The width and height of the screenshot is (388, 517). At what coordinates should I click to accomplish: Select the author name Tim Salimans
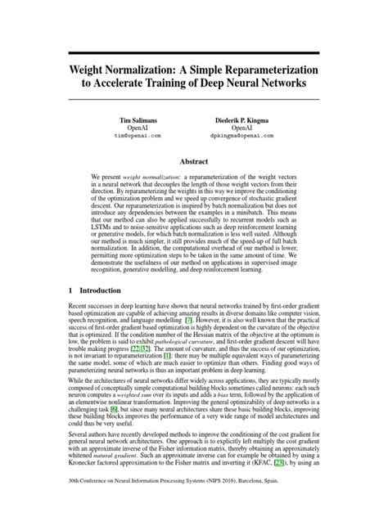pyautogui.click(x=138, y=120)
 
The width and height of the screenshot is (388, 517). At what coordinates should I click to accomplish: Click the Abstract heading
pyautogui.click(x=193, y=163)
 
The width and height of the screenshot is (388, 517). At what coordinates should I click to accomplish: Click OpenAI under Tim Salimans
pyautogui.click(x=138, y=128)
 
